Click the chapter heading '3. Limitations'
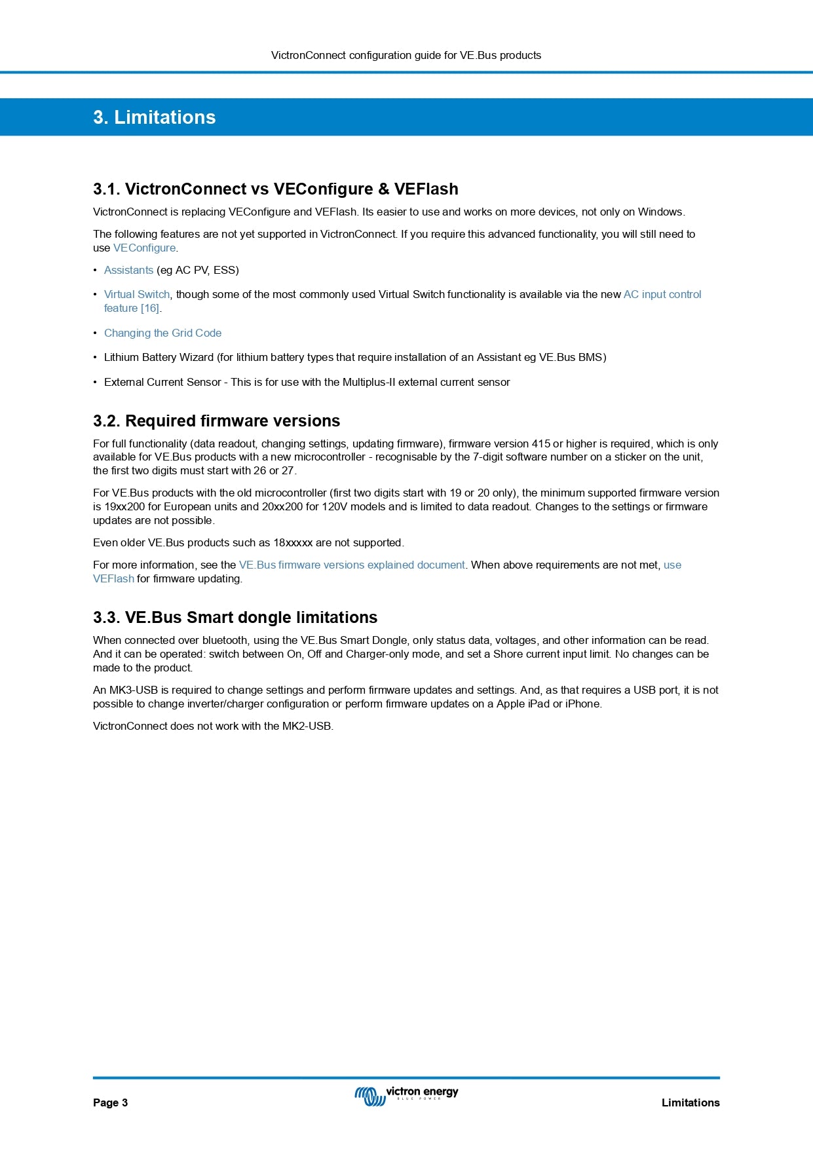(154, 117)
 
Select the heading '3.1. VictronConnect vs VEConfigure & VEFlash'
(275, 189)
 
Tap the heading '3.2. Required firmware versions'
(216, 421)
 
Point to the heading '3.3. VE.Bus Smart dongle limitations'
(235, 618)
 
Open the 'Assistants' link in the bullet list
(128, 271)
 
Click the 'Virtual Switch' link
(136, 295)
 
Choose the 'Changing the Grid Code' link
(162, 333)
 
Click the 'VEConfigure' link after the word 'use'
(144, 248)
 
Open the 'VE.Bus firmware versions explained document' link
(352, 565)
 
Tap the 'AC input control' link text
(662, 295)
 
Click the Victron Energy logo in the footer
(406, 1095)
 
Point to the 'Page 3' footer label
(110, 1102)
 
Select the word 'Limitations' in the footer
(690, 1102)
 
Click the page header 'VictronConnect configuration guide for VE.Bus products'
(406, 56)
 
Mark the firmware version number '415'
(540, 444)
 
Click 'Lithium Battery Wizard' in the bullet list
(159, 358)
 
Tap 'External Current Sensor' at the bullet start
(162, 383)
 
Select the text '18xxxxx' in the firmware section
(293, 543)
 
